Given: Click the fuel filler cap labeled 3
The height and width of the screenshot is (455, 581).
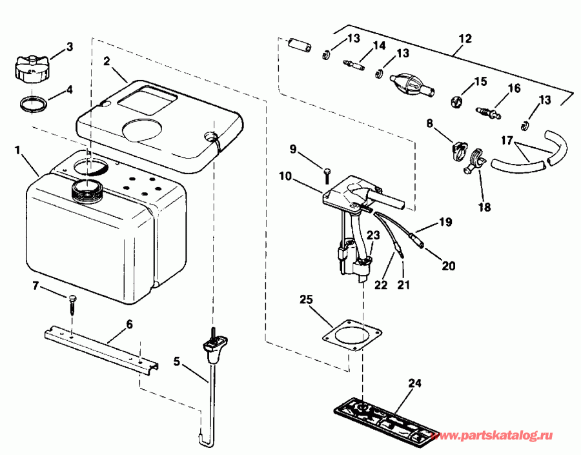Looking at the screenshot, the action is (31, 70).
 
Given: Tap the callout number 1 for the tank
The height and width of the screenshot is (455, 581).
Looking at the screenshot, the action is (17, 150).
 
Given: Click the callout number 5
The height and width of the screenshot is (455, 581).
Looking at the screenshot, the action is (177, 361).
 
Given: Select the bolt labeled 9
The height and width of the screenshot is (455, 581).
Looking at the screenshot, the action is (327, 176).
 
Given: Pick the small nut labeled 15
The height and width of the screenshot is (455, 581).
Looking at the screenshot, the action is (457, 102).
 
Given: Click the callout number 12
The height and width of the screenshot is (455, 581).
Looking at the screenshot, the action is (465, 39).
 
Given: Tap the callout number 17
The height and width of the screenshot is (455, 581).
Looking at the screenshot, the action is (507, 141).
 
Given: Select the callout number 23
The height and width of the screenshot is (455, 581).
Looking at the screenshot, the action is (374, 235).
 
